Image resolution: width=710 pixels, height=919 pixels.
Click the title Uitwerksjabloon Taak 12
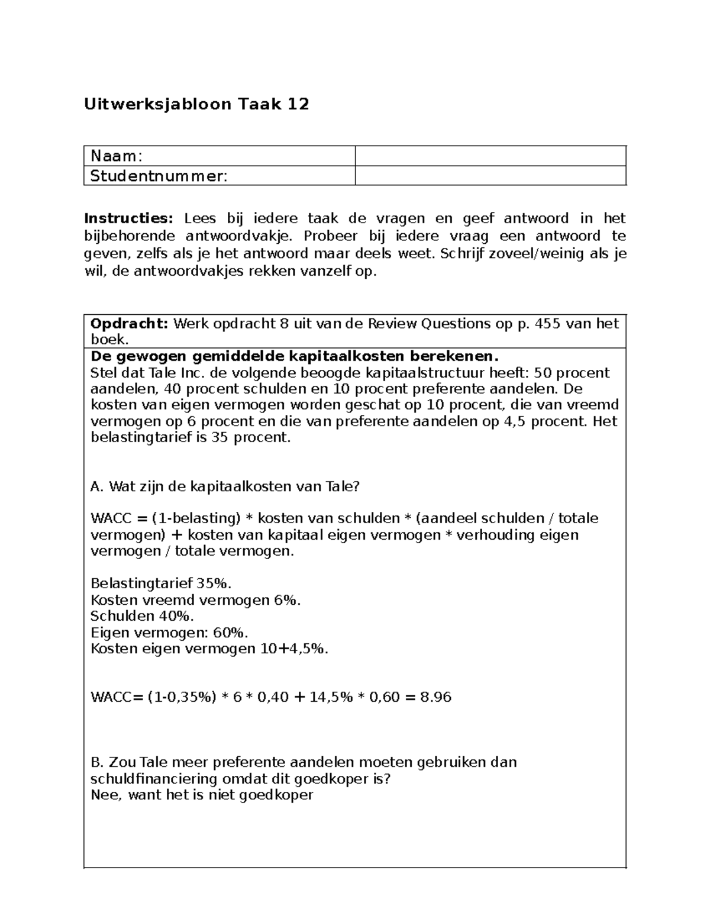[196, 105]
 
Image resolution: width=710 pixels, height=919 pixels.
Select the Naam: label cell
[219, 156]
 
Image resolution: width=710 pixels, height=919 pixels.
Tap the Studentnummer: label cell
[219, 176]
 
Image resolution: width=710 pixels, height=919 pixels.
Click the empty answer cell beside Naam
[490, 156]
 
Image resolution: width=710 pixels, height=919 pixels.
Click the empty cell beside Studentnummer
[490, 176]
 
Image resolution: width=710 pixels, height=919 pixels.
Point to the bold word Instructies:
[129, 218]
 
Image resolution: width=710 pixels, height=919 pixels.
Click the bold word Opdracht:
[129, 324]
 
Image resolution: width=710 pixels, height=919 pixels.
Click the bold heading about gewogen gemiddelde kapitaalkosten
[294, 356]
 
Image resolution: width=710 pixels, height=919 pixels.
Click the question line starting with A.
[225, 486]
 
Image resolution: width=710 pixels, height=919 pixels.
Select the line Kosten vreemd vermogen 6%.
[195, 600]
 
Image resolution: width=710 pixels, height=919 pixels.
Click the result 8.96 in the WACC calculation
[435, 697]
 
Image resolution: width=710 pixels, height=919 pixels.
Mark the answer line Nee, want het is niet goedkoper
[201, 795]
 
